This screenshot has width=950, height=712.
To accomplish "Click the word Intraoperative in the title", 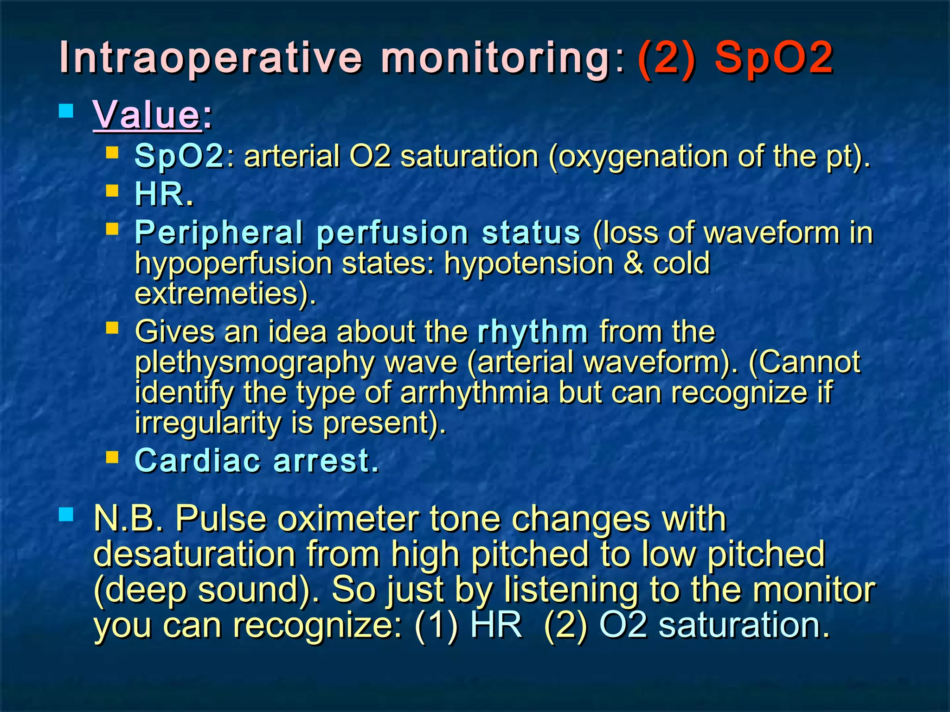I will point(211,58).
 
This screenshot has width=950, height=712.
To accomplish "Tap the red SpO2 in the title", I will point(774,58).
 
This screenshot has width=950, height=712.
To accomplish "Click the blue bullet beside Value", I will point(66,111).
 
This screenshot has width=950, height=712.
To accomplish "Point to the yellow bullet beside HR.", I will point(112,191).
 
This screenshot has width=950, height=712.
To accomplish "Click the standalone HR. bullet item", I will point(164,194).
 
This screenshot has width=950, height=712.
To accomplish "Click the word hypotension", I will point(529,263).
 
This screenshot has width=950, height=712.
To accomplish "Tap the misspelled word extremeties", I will point(221,293).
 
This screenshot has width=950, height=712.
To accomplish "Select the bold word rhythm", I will point(533,332).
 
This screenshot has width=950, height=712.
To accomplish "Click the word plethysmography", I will point(255,362).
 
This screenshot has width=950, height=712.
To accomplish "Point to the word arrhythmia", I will point(475,393).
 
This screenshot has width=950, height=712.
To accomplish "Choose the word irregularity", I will point(207,423).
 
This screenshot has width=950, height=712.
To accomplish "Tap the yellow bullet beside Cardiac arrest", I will point(112,458).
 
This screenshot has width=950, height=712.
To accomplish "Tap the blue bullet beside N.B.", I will point(66,514).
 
